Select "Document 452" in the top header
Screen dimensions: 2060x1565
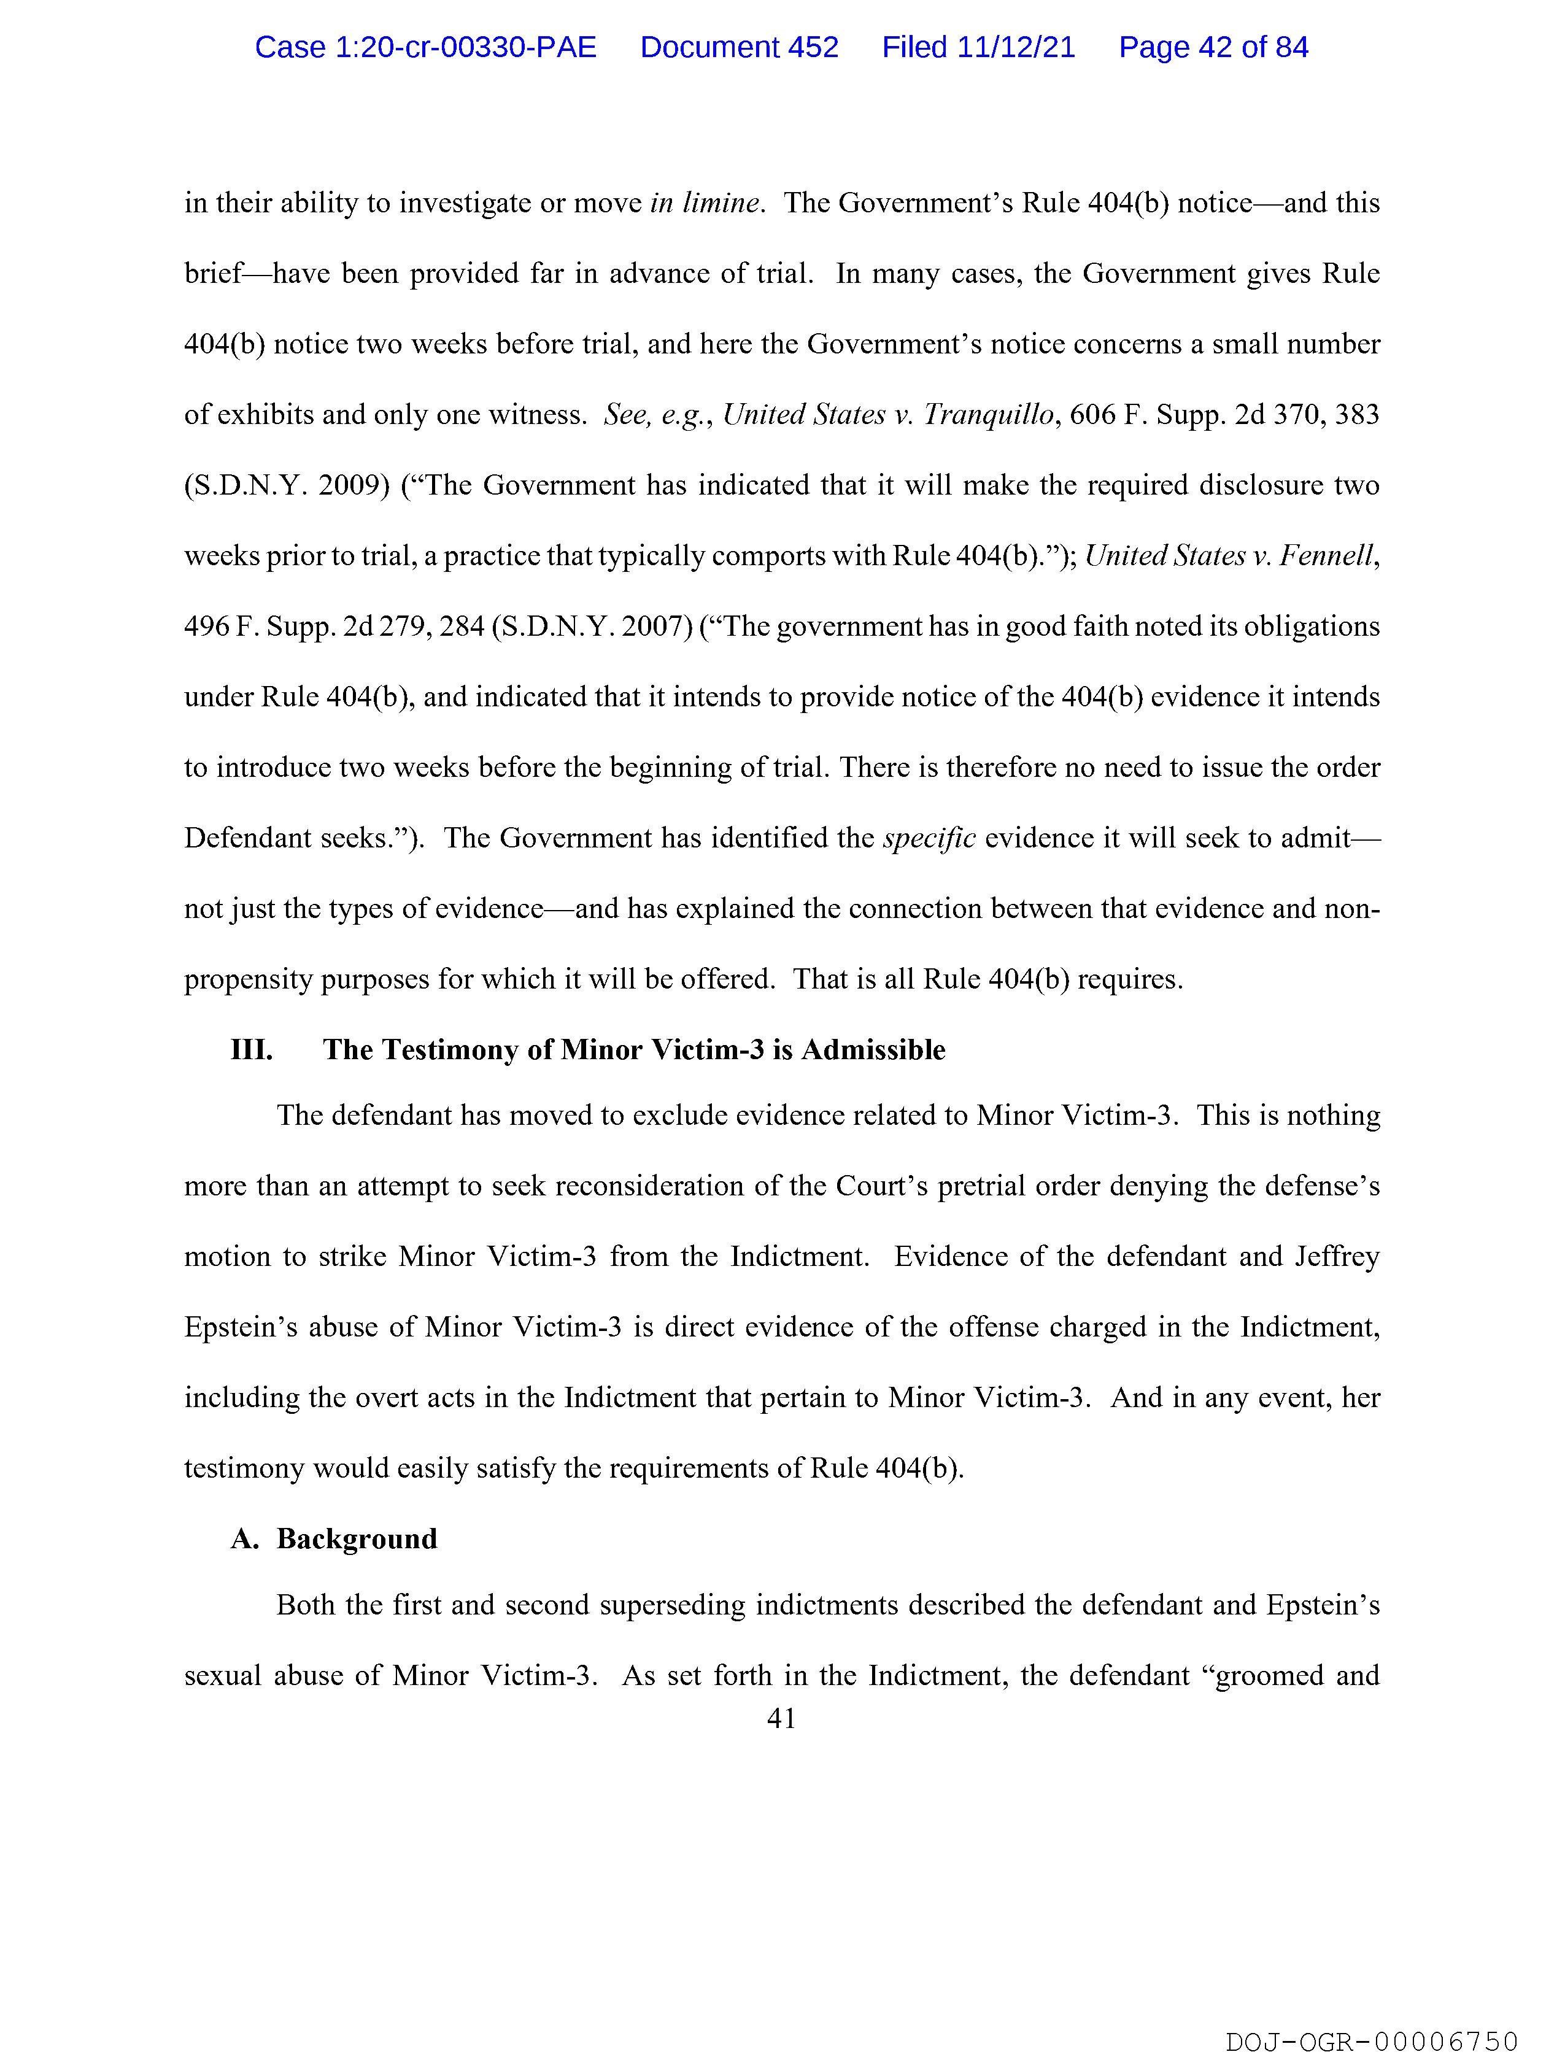[x=739, y=47]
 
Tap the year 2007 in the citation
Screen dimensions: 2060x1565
[x=656, y=627]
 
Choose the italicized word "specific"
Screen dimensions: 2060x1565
[x=929, y=838]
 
